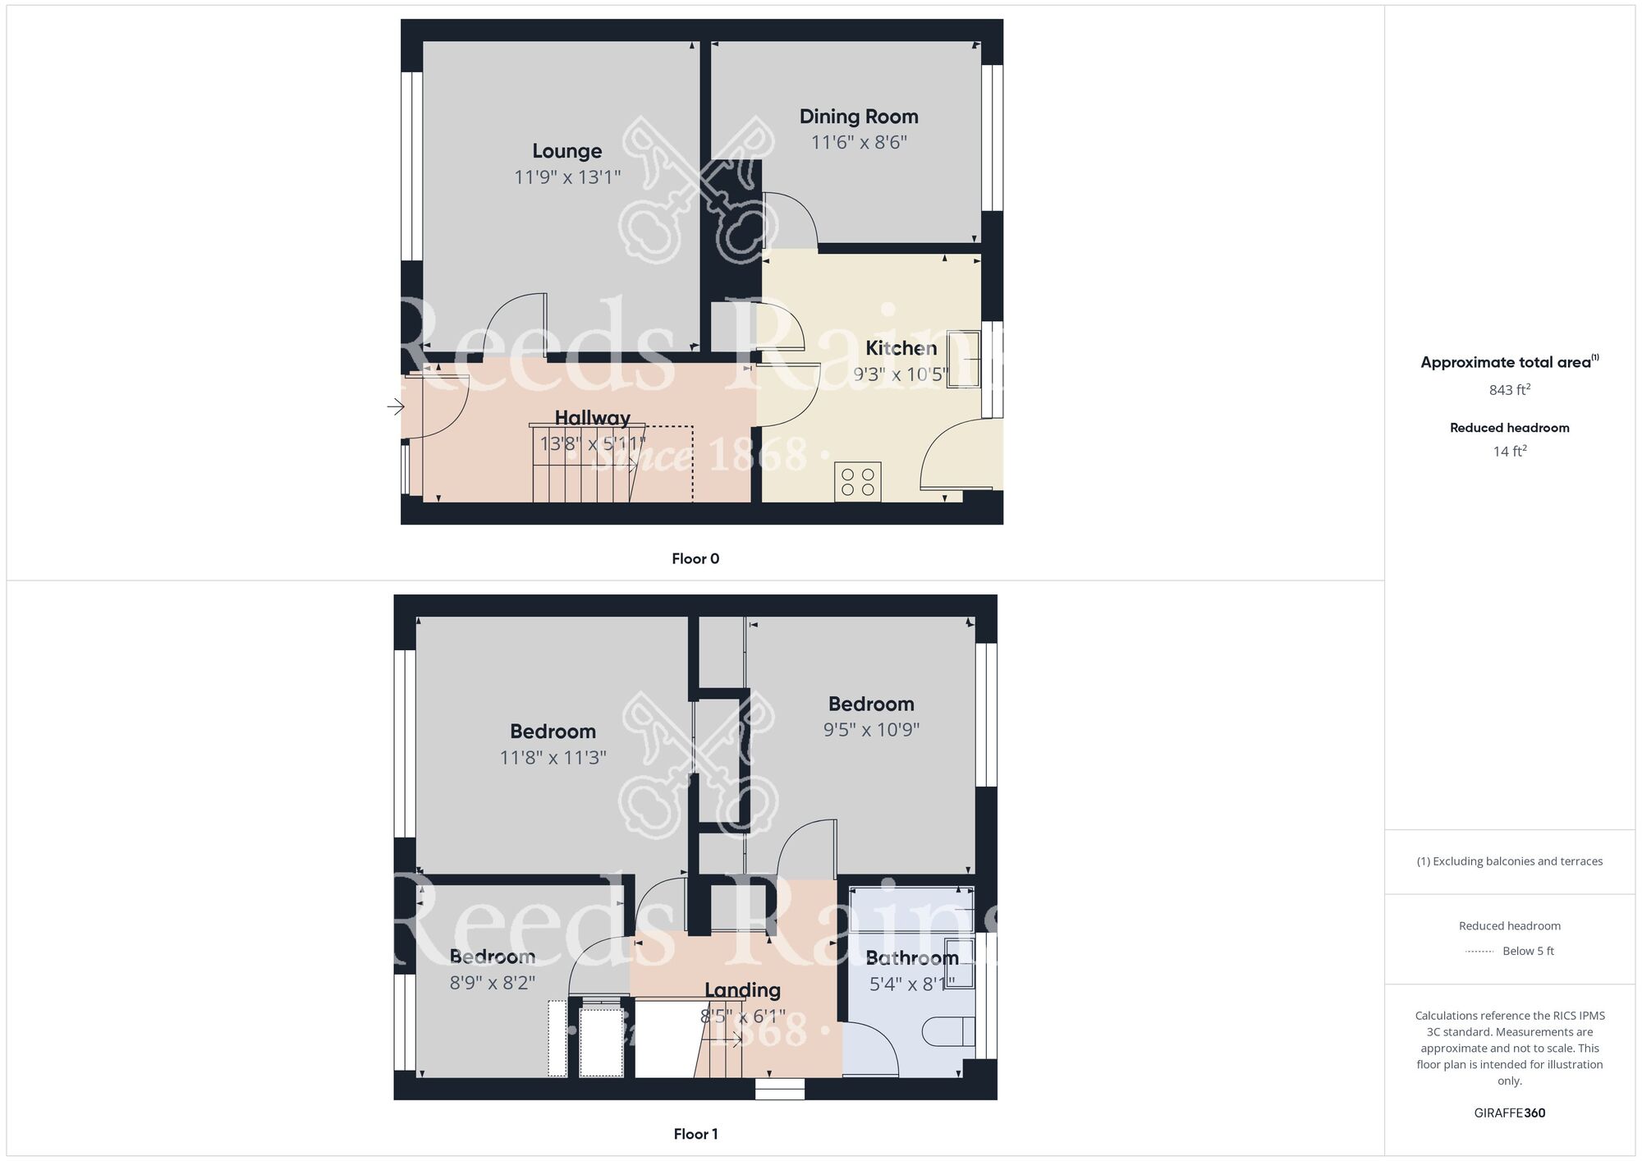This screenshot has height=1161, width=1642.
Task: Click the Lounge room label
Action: coord(566,151)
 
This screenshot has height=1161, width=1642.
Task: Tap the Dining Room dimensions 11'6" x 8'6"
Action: coord(859,142)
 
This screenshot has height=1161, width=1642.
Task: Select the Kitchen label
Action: coord(901,348)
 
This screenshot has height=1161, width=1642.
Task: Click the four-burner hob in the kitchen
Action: coord(858,482)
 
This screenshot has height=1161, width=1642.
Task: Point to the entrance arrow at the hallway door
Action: coord(396,406)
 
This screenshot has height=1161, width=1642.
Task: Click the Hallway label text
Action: coord(592,418)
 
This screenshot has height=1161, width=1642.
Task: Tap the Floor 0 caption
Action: coord(695,559)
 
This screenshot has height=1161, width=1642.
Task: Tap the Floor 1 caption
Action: coord(695,1134)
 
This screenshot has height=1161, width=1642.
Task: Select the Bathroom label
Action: coord(912,958)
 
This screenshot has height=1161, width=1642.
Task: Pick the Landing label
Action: coord(742,990)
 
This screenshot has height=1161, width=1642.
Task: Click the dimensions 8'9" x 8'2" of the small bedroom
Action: coord(492,982)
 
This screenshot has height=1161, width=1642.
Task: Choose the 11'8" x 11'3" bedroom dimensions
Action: coord(553,757)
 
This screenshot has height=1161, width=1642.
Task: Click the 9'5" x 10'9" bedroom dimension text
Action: coord(871,729)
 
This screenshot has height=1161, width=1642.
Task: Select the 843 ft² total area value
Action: coord(1510,389)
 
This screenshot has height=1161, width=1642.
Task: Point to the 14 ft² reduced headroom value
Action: coord(1510,451)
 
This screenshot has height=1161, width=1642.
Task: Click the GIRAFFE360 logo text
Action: coord(1510,1113)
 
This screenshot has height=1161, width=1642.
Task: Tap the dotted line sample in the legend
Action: coord(1479,952)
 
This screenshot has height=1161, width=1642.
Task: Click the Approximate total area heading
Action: coord(1510,362)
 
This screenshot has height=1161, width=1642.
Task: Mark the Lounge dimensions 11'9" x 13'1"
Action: coord(567,177)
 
